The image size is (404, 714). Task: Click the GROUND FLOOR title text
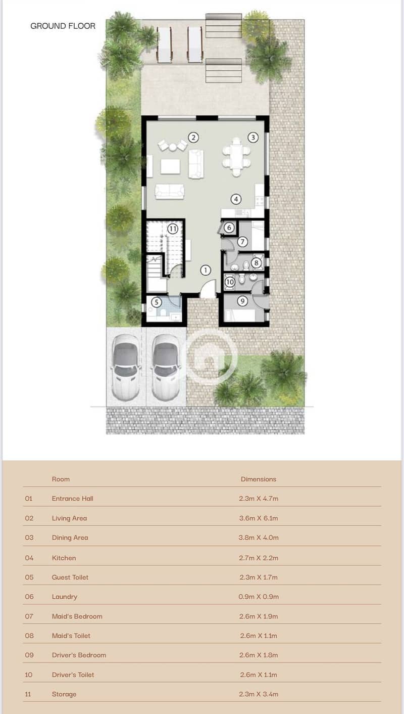[63, 26]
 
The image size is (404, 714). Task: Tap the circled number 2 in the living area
[193, 138]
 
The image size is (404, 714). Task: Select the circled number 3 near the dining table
[253, 138]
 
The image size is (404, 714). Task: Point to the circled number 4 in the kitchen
[236, 199]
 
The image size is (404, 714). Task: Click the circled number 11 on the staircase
[172, 229]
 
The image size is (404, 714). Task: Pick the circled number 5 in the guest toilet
[156, 302]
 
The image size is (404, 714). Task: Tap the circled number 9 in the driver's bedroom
[242, 301]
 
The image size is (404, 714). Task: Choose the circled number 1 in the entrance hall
[206, 271]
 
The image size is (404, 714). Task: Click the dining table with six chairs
[236, 157]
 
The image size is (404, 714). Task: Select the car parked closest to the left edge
[126, 367]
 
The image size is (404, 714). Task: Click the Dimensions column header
[259, 479]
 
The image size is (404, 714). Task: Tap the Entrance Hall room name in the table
[73, 499]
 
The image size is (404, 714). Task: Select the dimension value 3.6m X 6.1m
[259, 518]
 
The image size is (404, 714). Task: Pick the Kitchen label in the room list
[64, 558]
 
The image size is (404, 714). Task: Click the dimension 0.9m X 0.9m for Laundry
[259, 596]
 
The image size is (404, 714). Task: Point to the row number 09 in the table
[29, 655]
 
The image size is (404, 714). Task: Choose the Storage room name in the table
[64, 694]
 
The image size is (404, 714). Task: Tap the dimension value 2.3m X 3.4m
[259, 694]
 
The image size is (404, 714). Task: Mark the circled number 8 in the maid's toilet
[256, 263]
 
